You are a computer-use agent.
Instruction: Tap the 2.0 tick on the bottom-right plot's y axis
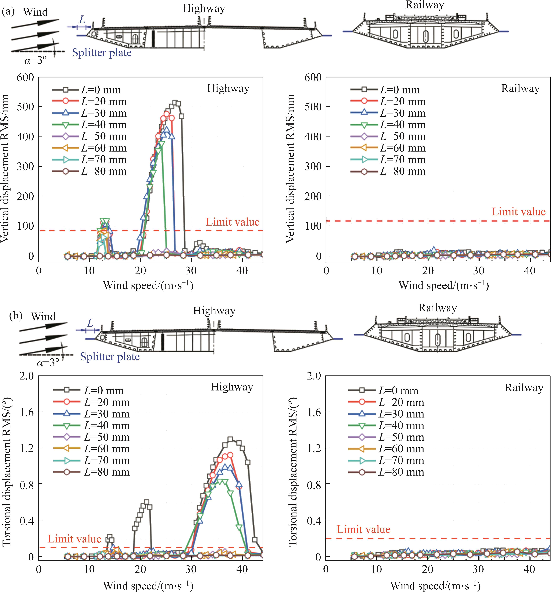[314, 376]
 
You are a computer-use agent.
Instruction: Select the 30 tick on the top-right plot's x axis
[479, 271]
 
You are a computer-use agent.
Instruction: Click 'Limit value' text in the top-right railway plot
[519, 212]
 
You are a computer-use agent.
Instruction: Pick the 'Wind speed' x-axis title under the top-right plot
[444, 286]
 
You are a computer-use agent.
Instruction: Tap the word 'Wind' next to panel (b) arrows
[43, 316]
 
